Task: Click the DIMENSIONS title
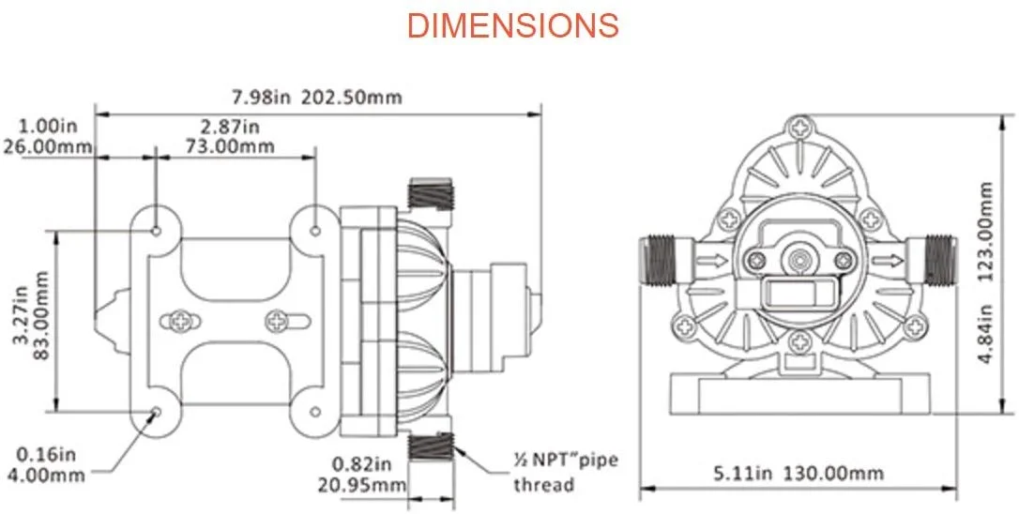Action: pyautogui.click(x=512, y=25)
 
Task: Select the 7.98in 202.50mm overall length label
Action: pyautogui.click(x=315, y=98)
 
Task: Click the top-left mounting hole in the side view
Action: pyautogui.click(x=157, y=230)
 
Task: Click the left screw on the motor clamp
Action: pyautogui.click(x=181, y=322)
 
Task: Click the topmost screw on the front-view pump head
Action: pyautogui.click(x=799, y=127)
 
